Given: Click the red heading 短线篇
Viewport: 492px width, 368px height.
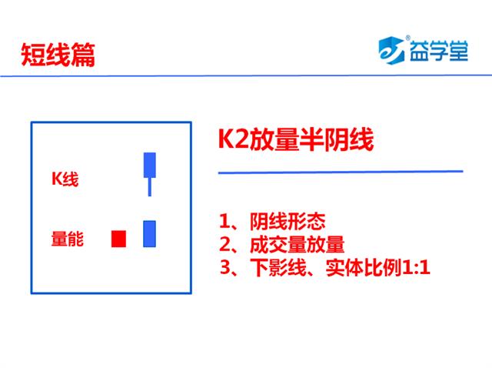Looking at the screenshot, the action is coord(58,55).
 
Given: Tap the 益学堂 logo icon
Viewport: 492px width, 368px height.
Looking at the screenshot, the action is coord(391,50).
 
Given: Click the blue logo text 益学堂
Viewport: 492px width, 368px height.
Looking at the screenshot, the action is coord(439,51).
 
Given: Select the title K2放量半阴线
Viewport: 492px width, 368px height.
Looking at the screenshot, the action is coord(296,139).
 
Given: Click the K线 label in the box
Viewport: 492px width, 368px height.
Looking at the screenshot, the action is coord(65,179).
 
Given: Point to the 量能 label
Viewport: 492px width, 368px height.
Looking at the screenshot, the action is coord(68,238).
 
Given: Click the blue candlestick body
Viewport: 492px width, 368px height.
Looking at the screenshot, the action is coord(150,165).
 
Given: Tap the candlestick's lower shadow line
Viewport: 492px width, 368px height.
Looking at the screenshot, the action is coord(150,187).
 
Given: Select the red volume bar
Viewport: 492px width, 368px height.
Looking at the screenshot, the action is coord(118,239).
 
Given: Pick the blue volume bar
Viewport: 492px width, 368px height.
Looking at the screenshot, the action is coord(149,234).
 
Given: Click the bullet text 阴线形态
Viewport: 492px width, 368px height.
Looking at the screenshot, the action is coord(288,221).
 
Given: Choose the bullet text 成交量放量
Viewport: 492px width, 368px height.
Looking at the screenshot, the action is coord(297,245).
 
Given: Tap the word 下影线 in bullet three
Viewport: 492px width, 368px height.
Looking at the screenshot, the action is coord(278,268).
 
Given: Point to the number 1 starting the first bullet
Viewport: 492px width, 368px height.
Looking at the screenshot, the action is coord(224,221).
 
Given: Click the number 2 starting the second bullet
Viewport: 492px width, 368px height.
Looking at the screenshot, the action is coord(224,245).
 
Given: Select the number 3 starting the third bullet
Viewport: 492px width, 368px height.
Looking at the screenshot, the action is coord(224,268).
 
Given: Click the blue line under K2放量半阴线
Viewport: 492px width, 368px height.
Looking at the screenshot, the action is coord(341,172).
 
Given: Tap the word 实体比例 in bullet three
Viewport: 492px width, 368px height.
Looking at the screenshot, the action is coord(363,268).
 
